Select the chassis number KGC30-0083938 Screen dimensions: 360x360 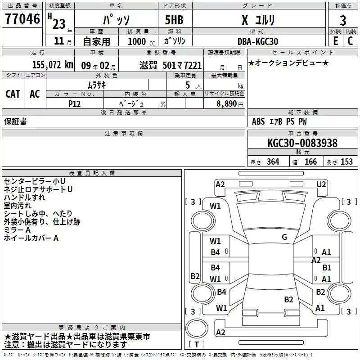[x=302, y=143]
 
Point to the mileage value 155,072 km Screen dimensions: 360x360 [x=52, y=65]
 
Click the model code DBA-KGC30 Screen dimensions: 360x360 [x=257, y=41]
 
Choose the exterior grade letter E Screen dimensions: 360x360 [x=335, y=41]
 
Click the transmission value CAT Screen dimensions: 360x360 [x=13, y=94]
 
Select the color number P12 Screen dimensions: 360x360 [x=74, y=103]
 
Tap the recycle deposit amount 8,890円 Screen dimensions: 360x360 [x=229, y=103]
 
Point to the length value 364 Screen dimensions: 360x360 [x=272, y=162]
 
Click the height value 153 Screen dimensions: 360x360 [x=346, y=162]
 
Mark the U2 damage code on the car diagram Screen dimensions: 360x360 [x=321, y=184]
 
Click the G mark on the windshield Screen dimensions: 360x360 [x=284, y=237]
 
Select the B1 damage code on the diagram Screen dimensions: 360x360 [x=327, y=268]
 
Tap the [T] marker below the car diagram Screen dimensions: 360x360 [x=196, y=345]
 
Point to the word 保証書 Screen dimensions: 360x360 [x=15, y=121]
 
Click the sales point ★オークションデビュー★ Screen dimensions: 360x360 [x=288, y=63]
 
